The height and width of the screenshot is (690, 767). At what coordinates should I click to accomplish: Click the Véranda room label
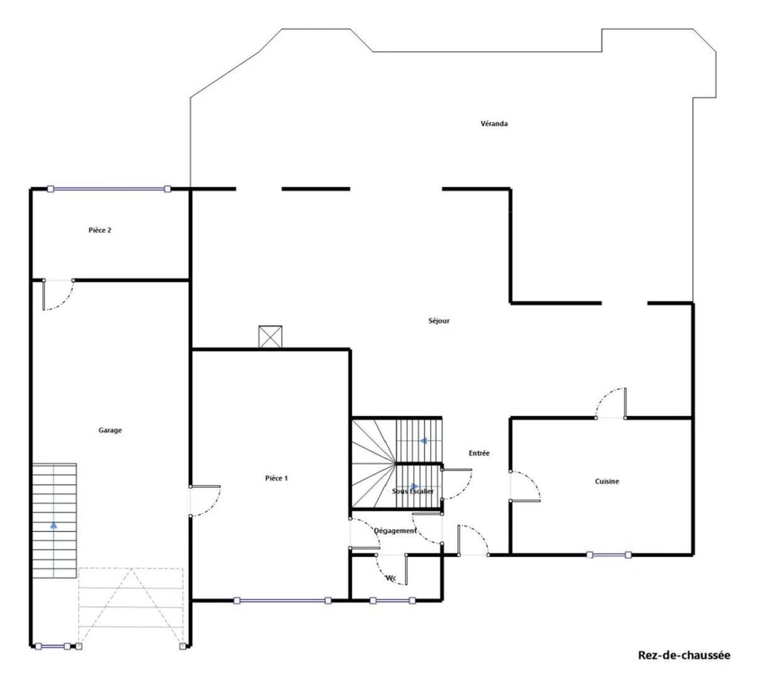click(x=494, y=124)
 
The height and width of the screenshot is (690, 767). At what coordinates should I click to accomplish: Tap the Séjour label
click(x=439, y=321)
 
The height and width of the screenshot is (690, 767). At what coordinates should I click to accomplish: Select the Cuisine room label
click(x=607, y=482)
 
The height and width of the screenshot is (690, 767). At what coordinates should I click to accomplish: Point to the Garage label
click(x=110, y=430)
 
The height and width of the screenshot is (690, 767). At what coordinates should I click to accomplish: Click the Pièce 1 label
click(x=277, y=478)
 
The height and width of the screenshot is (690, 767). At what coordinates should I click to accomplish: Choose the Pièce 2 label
click(x=100, y=230)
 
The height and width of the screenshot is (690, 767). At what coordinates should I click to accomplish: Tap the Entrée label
click(x=479, y=453)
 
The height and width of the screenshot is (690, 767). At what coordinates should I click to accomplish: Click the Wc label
click(x=391, y=579)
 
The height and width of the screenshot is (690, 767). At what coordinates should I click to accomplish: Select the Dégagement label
click(x=395, y=530)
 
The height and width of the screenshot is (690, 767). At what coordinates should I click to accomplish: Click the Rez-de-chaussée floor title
click(x=683, y=655)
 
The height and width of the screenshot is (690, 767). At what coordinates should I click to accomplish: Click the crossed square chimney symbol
click(x=270, y=337)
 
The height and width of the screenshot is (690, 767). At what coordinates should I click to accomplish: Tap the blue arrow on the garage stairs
click(x=53, y=525)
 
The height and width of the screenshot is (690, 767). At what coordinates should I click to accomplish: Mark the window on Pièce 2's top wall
click(x=109, y=189)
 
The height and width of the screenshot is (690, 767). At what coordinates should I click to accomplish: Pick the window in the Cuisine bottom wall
click(x=609, y=555)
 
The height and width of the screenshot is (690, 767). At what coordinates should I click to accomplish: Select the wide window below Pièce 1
click(x=282, y=600)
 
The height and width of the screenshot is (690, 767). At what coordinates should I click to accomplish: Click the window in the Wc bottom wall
click(x=392, y=600)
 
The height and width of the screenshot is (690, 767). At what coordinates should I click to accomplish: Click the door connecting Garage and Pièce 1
click(x=205, y=501)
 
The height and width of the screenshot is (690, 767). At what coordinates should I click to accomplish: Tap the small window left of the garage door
click(x=52, y=647)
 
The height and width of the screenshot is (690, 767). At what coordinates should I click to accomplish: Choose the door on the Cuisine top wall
click(x=611, y=403)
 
